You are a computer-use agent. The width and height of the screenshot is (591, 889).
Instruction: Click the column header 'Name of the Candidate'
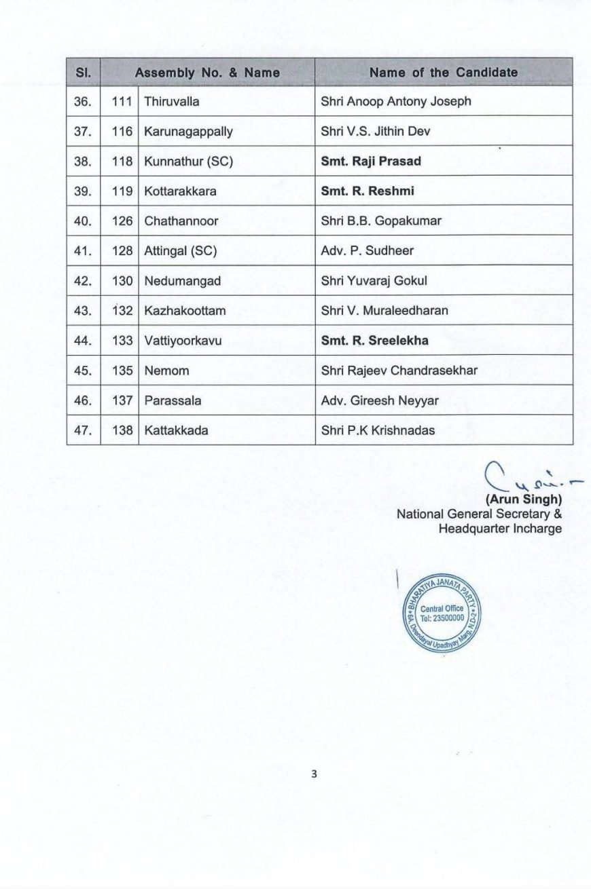(444, 72)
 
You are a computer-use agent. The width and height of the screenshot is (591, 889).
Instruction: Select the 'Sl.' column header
(83, 72)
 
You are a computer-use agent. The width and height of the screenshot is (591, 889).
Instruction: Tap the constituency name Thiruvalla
(171, 102)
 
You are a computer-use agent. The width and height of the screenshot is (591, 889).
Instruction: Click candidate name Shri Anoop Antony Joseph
(395, 102)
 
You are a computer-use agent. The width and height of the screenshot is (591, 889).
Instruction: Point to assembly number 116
(122, 132)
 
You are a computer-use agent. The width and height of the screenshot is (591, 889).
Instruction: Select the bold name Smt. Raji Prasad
(371, 162)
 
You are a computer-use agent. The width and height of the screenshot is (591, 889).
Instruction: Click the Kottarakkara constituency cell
(180, 191)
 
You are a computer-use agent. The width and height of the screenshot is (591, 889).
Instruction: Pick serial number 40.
(83, 221)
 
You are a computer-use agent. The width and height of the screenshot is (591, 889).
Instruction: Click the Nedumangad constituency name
(182, 281)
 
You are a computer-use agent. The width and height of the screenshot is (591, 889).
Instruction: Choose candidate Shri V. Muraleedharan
(384, 311)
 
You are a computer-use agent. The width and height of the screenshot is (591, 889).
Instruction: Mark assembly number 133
(122, 341)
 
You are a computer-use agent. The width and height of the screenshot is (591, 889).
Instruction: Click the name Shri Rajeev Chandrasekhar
(399, 371)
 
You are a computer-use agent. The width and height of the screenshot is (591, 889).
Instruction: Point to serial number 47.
(83, 430)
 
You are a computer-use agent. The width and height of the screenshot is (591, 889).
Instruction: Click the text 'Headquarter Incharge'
(500, 528)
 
